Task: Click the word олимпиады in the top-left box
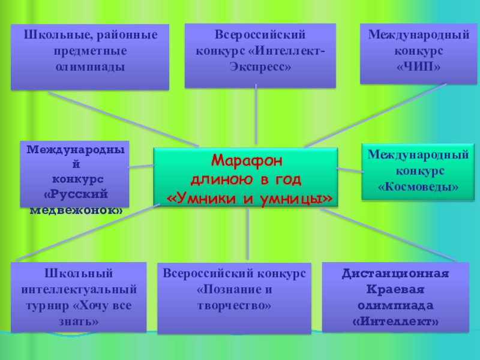[91, 66]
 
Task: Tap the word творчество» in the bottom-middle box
[234, 305]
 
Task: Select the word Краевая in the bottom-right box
[395, 290]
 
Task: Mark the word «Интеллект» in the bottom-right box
[395, 322]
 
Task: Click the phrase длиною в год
[246, 179]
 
